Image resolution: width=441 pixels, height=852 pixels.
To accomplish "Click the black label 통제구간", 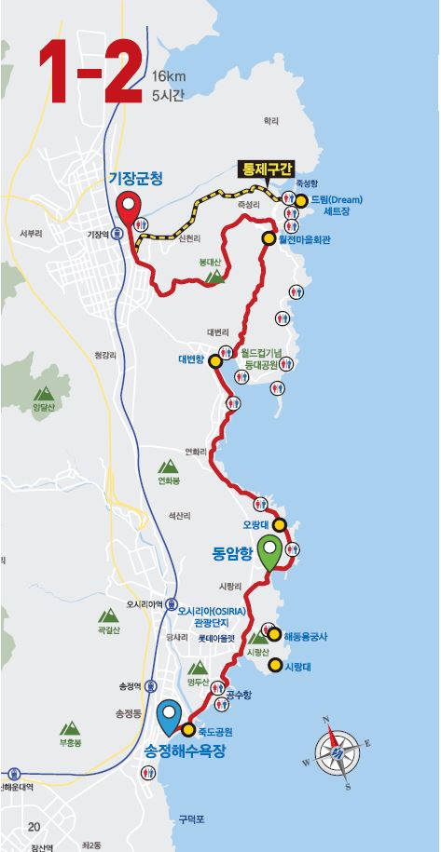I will click(267, 169).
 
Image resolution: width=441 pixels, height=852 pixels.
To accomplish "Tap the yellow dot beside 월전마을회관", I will click(269, 238).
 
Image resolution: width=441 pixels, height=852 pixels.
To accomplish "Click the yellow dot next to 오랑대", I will click(278, 523).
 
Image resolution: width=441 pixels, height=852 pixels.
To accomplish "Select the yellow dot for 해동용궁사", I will click(275, 634).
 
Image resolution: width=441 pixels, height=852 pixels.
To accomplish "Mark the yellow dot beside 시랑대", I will click(275, 665).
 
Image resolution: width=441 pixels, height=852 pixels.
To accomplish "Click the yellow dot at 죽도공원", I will click(188, 729).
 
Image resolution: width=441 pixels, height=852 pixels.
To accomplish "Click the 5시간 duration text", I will click(169, 95).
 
